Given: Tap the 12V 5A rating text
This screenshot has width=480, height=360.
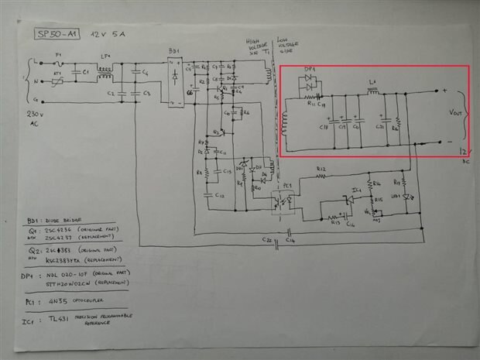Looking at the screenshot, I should point(106,36).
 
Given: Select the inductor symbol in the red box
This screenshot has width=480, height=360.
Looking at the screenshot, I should point(372,91).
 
